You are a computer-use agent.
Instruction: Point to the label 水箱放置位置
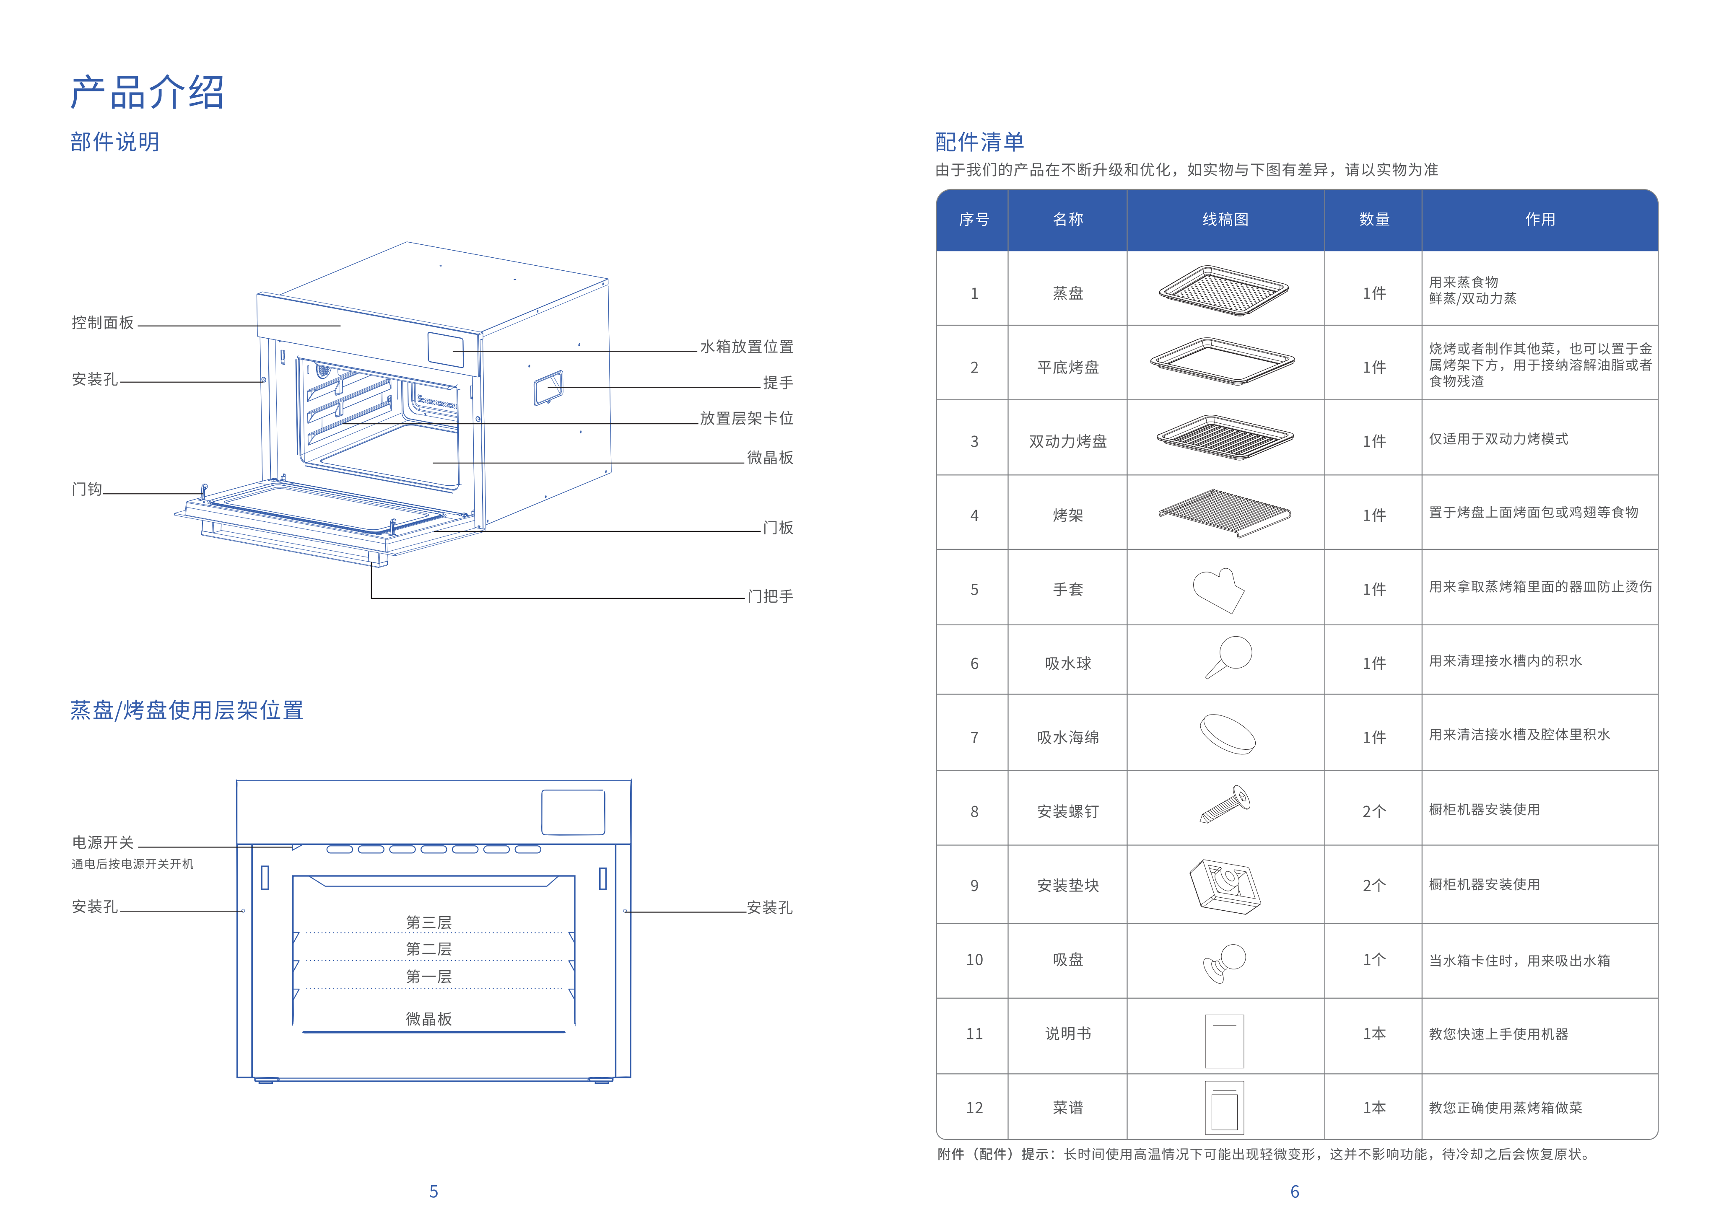click(x=746, y=347)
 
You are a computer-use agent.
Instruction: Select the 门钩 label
click(x=87, y=489)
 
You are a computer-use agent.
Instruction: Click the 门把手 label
click(x=770, y=597)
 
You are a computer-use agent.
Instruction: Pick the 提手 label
click(x=778, y=383)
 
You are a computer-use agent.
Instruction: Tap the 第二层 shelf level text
click(x=428, y=949)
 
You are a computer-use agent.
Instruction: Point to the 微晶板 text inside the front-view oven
click(x=428, y=1019)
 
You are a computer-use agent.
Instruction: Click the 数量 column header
click(x=1373, y=220)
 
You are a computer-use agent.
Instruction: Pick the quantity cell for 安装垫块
click(x=1373, y=886)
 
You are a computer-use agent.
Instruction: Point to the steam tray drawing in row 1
click(x=1224, y=290)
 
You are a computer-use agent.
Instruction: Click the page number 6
click(x=1295, y=1192)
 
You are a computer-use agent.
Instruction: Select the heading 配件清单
click(x=979, y=142)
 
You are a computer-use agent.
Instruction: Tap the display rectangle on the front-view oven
click(x=573, y=812)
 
